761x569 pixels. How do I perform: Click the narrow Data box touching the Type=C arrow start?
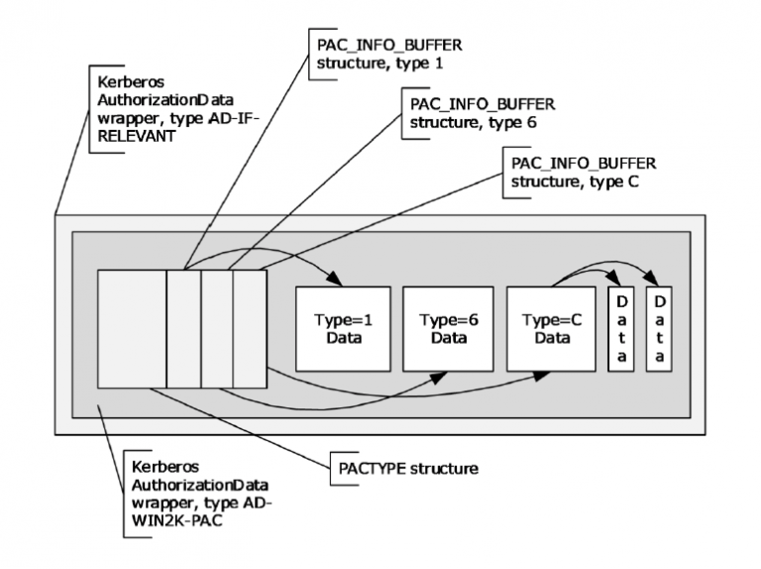tap(621, 329)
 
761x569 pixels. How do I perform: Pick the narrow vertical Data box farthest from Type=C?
tap(659, 329)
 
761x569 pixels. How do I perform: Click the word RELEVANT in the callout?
tap(132, 139)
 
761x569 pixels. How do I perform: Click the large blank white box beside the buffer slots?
tap(131, 328)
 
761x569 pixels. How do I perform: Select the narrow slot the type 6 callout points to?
tap(217, 328)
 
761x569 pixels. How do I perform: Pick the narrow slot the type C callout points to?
tap(250, 328)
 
